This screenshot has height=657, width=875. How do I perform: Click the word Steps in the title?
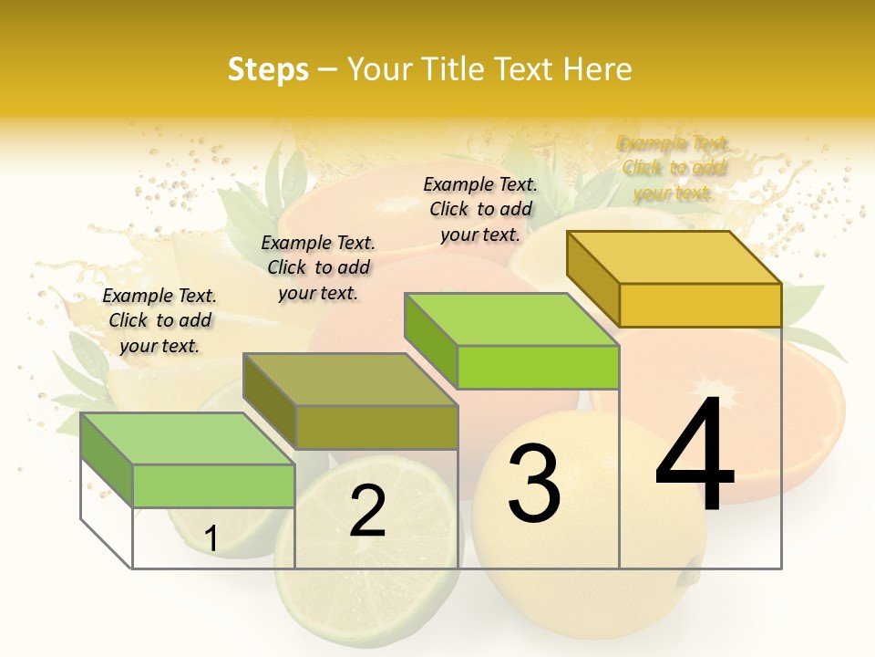(x=268, y=69)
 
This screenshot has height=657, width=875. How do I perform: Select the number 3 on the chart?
(x=533, y=483)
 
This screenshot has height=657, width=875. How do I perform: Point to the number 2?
(x=367, y=511)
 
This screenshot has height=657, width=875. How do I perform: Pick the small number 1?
(x=211, y=539)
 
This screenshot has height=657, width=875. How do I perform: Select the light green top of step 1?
(x=188, y=439)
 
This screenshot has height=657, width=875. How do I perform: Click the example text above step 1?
(x=160, y=320)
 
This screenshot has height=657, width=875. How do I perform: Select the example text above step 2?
(x=318, y=267)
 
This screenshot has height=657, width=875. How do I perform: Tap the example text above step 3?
(x=480, y=209)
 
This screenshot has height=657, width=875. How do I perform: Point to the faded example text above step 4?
(x=674, y=168)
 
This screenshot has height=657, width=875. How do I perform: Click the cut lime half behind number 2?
(x=374, y=584)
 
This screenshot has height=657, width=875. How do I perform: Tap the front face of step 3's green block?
(x=538, y=368)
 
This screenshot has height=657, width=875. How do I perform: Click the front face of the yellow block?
(x=700, y=305)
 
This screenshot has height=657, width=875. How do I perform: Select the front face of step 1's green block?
(x=213, y=485)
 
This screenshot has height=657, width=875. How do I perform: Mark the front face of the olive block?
(x=376, y=427)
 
